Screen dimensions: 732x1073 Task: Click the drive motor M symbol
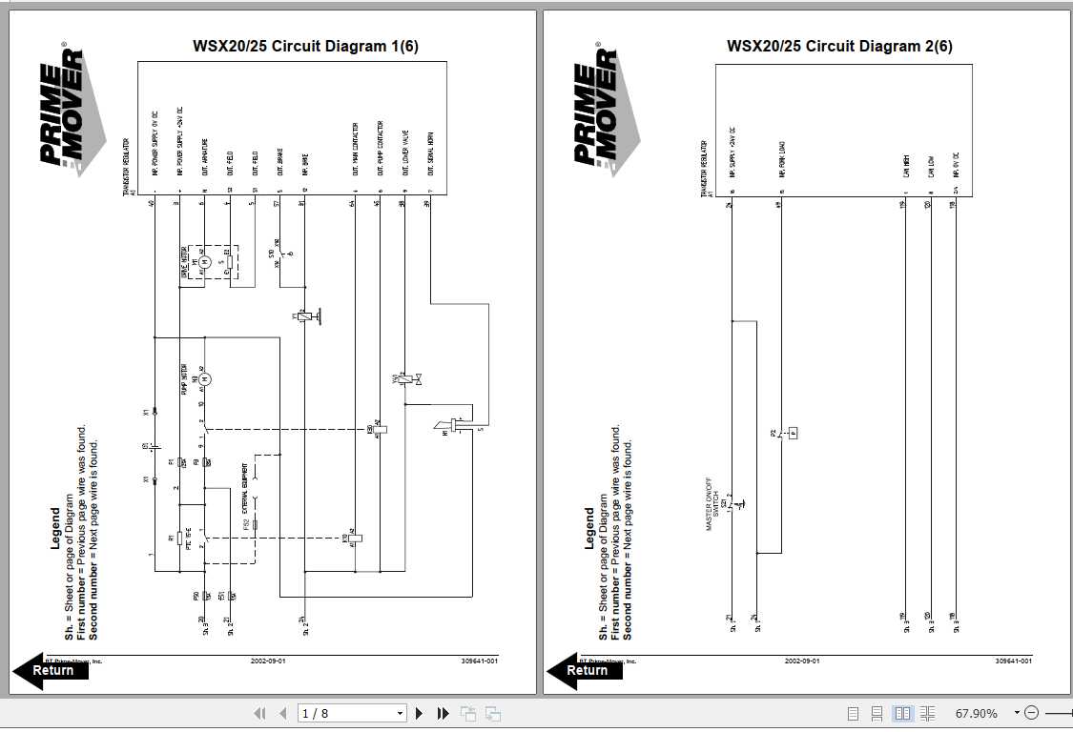(202, 261)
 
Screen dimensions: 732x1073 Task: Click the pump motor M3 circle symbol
(203, 379)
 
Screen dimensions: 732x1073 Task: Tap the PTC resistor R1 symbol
(178, 539)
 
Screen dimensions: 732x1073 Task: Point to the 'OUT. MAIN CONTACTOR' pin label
(355, 149)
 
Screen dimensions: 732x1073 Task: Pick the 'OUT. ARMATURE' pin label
(204, 157)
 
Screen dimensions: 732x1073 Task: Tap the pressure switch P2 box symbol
(793, 433)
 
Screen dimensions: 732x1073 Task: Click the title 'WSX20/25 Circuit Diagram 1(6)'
(305, 46)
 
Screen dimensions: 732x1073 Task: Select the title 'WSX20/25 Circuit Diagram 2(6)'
(839, 46)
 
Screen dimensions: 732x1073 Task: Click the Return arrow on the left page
(51, 670)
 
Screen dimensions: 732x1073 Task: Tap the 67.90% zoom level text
(976, 713)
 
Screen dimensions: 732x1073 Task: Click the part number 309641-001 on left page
(480, 661)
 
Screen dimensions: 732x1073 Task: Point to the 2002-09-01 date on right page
(801, 661)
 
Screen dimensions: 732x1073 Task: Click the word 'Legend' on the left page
(55, 529)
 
